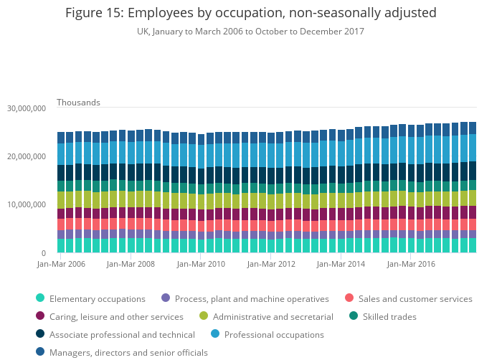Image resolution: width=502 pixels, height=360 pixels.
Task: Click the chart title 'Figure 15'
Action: pos(250,13)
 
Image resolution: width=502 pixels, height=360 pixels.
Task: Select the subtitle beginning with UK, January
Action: pos(250,32)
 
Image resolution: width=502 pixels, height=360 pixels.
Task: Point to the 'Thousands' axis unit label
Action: pos(78,103)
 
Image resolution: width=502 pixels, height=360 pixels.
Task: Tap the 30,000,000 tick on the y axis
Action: pos(27,108)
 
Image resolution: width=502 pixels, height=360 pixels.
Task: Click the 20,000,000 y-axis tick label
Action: pos(27,156)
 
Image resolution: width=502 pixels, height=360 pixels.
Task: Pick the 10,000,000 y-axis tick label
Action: pos(27,205)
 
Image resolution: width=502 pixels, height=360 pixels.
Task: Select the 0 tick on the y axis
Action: pos(43,253)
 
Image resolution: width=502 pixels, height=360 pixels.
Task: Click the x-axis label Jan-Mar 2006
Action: pos(61,264)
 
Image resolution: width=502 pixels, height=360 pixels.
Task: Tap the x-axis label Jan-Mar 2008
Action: pos(131,264)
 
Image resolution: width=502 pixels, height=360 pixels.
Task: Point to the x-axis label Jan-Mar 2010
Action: pos(201,264)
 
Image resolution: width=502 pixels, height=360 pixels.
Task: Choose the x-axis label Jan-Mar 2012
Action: pos(271,264)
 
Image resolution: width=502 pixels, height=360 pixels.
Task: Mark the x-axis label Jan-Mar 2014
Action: pos(341,264)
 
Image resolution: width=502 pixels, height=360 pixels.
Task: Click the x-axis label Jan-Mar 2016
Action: pos(411,264)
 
